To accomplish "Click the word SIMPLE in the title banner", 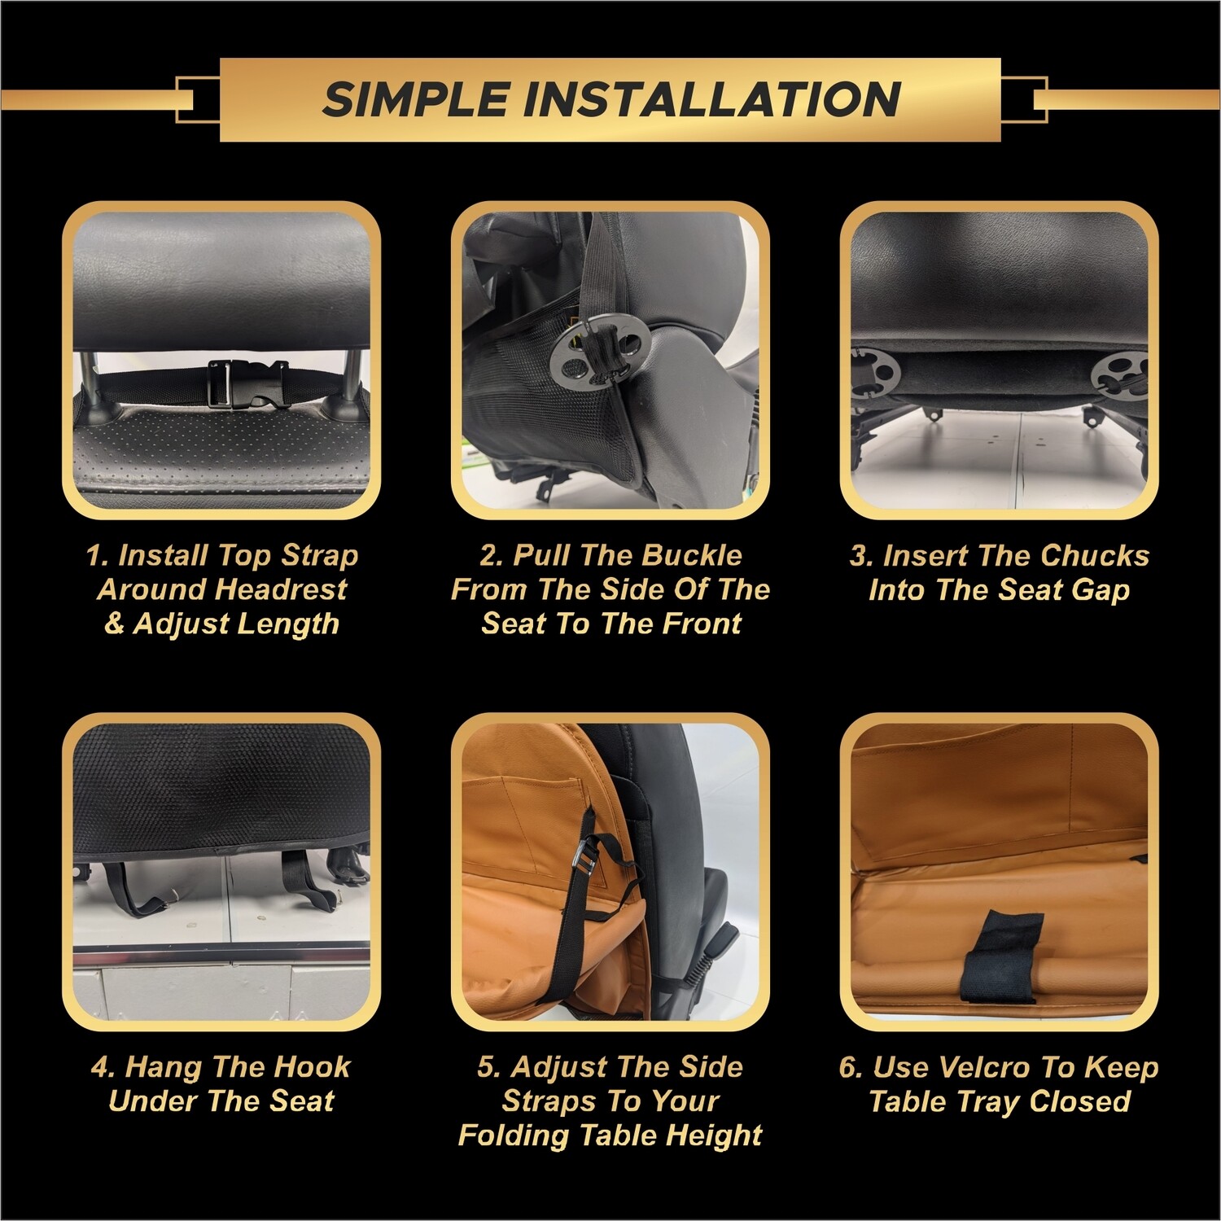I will pyautogui.click(x=417, y=99).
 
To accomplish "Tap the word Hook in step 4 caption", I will pyautogui.click(x=312, y=1066).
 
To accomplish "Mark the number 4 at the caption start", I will pyautogui.click(x=102, y=1066).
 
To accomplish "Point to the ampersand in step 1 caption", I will pyautogui.click(x=114, y=624).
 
